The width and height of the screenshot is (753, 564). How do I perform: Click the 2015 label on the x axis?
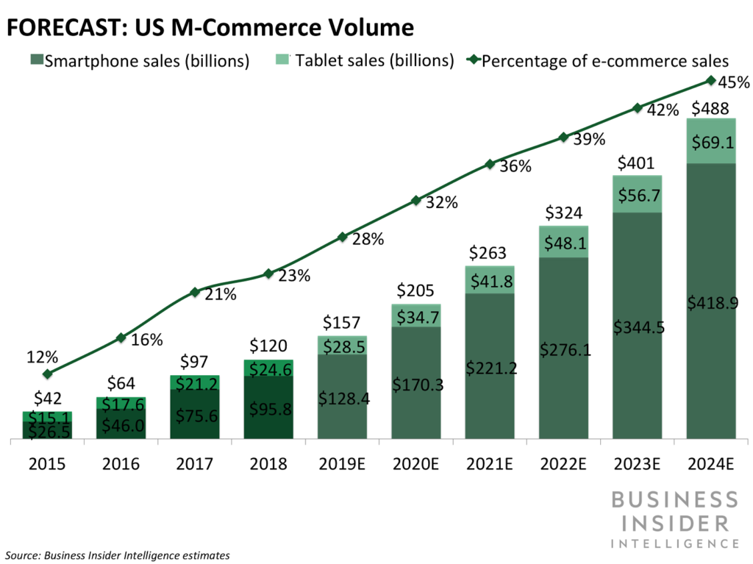tap(47, 464)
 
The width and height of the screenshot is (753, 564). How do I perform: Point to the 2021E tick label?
tap(489, 464)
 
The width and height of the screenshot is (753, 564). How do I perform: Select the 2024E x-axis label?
tap(710, 464)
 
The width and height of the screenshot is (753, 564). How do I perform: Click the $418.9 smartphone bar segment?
tap(710, 301)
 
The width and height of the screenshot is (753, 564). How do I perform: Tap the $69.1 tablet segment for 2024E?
tap(710, 140)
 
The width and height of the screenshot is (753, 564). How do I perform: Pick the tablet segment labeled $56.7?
tap(637, 194)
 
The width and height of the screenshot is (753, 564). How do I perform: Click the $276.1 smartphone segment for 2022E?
tap(563, 349)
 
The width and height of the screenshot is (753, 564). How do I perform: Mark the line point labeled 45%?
tap(710, 80)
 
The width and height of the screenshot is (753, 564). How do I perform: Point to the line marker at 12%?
tap(48, 374)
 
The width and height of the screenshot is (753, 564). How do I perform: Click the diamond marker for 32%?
tap(416, 200)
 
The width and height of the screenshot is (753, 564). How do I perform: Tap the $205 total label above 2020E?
tap(415, 290)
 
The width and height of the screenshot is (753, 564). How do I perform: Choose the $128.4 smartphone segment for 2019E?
tap(342, 398)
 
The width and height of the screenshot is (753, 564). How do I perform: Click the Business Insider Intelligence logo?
tap(674, 521)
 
